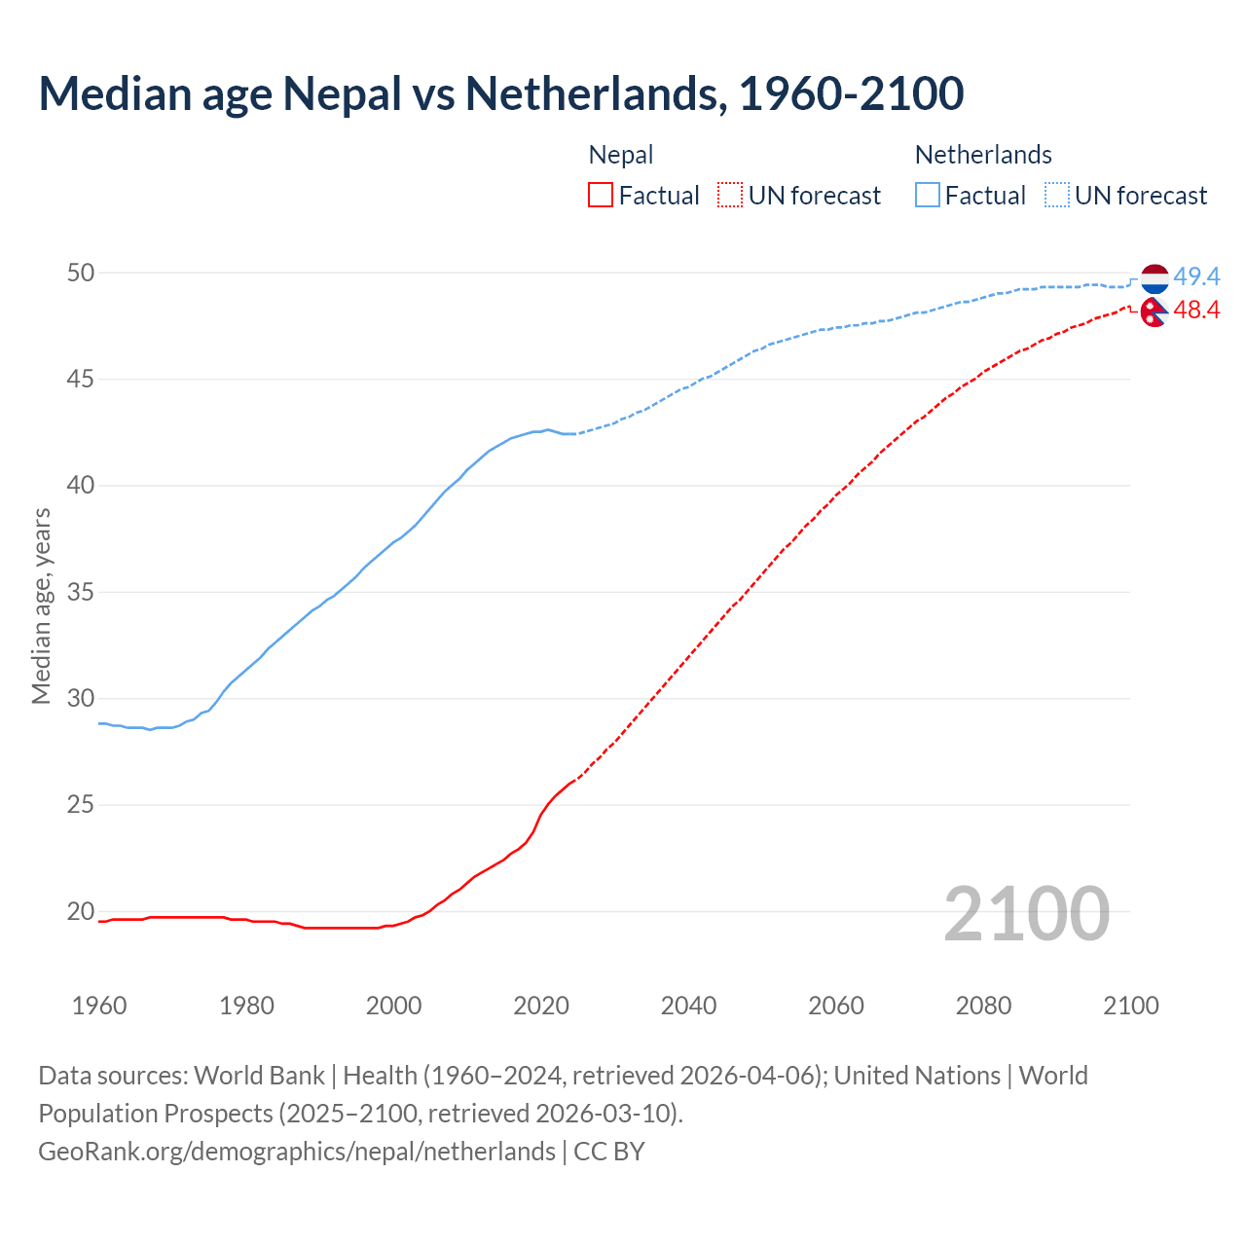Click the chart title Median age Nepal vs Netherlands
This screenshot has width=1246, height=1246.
[x=500, y=93]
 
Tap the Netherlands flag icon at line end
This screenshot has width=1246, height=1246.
[x=1154, y=278]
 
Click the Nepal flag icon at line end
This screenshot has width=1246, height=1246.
[x=1154, y=311]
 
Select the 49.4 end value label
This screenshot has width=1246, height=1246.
[x=1196, y=277]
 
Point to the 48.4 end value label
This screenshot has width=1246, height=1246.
[x=1196, y=311]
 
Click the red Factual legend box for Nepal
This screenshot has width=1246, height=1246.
[x=601, y=196]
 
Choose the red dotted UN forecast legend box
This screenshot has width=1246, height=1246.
[x=730, y=196]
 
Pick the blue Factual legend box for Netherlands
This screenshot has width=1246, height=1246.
[x=928, y=196]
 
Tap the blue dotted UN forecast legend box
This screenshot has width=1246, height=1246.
[x=1057, y=196]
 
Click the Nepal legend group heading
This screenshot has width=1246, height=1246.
[x=621, y=155]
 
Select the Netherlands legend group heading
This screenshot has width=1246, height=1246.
[x=983, y=155]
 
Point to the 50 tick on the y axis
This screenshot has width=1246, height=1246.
[x=81, y=273]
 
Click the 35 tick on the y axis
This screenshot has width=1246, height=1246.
[x=81, y=592]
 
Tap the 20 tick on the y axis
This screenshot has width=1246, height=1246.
[x=81, y=911]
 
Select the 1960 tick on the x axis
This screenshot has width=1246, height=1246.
[x=99, y=1006]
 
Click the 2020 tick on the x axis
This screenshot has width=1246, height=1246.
[x=541, y=1006]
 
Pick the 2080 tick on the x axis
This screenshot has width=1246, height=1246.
[x=983, y=1006]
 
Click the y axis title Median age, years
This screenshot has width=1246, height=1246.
[x=41, y=605]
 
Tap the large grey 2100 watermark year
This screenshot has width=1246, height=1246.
[x=1026, y=913]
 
